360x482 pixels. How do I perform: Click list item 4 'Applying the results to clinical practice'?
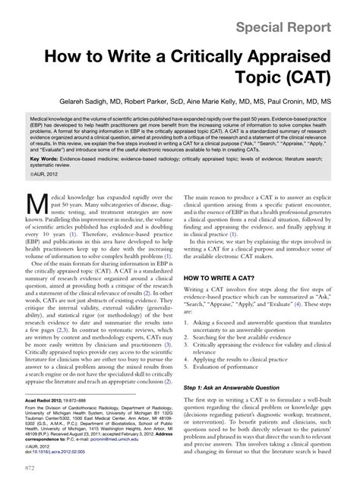[x=248, y=358]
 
